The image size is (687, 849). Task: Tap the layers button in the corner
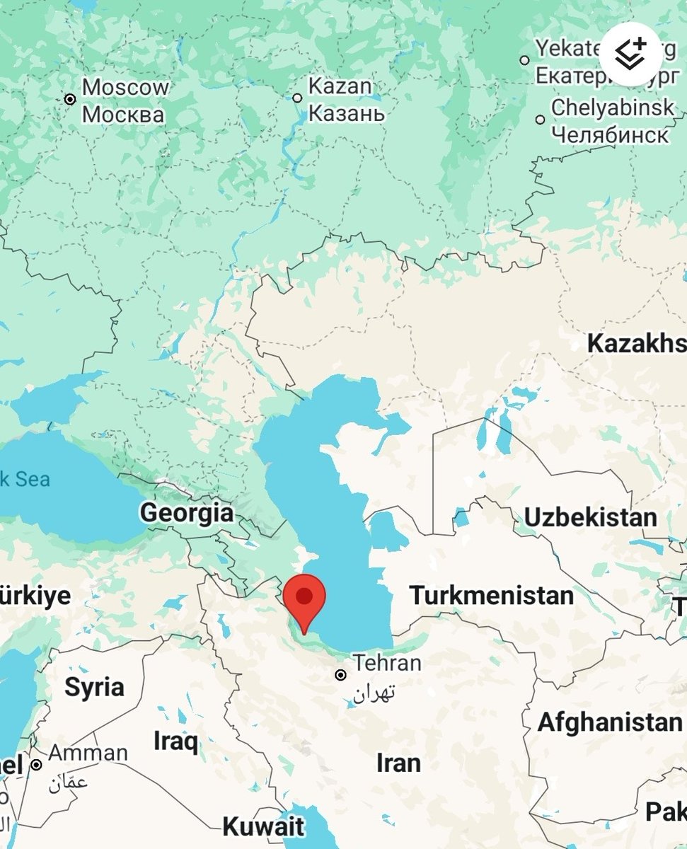click(631, 54)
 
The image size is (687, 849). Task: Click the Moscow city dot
click(70, 99)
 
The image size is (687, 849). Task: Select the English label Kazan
click(340, 87)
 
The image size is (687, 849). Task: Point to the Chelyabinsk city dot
click(541, 120)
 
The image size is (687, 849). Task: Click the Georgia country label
click(187, 512)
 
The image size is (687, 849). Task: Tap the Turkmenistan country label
click(491, 595)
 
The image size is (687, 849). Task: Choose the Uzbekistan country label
click(590, 517)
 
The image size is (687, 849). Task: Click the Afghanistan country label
click(609, 722)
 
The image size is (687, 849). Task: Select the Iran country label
click(398, 763)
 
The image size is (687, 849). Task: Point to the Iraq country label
click(176, 742)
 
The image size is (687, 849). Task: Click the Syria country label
click(94, 686)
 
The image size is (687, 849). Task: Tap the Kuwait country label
click(263, 826)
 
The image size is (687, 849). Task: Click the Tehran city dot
click(341, 675)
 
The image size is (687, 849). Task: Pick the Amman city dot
click(36, 764)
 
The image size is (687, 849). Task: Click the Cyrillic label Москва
click(123, 114)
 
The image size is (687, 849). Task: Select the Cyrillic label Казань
click(347, 113)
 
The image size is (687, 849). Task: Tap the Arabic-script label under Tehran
click(375, 691)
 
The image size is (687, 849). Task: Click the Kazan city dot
click(297, 98)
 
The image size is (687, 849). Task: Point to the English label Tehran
click(387, 664)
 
